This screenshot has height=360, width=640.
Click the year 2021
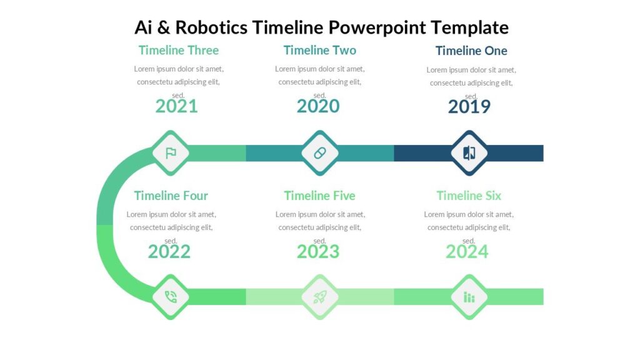click(176, 106)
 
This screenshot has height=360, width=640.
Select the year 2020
click(318, 106)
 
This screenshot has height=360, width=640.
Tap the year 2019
click(469, 107)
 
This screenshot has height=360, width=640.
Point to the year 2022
click(169, 252)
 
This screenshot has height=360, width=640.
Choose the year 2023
click(318, 252)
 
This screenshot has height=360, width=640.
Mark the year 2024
click(467, 252)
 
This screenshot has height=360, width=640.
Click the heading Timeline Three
click(179, 50)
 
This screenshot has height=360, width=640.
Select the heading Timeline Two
click(319, 50)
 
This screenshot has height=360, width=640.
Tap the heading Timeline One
click(471, 51)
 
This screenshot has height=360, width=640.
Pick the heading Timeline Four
click(171, 196)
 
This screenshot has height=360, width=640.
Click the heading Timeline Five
click(319, 196)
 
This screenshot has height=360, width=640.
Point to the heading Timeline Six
click(469, 196)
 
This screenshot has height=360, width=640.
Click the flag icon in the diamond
click(171, 153)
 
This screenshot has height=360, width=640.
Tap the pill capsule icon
click(320, 153)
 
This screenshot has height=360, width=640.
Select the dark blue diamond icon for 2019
click(469, 153)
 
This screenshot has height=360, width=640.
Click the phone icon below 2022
click(171, 297)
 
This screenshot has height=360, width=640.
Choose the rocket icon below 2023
click(320, 297)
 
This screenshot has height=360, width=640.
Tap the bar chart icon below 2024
click(469, 297)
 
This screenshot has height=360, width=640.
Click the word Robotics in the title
click(211, 27)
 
